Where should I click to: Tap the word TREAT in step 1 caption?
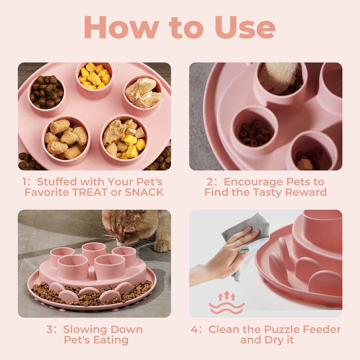coord(91,192)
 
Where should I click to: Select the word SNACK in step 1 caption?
coord(144,192)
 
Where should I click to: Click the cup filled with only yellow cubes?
coord(94,76)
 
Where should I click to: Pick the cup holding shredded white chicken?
coord(143,93)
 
